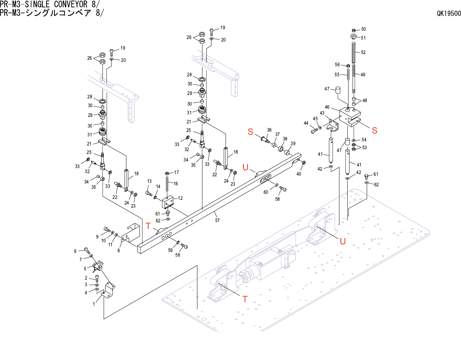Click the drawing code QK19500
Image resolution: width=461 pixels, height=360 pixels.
coord(449,14)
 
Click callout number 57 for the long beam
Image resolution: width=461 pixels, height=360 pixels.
coord(217,221)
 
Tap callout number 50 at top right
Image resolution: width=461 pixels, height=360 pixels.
coord(364,29)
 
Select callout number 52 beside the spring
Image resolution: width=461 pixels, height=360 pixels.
coord(363,52)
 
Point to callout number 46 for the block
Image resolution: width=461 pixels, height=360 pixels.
coord(327,107)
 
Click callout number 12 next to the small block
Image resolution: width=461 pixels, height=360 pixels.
coord(180,198)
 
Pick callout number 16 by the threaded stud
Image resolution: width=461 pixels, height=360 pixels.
coord(176,183)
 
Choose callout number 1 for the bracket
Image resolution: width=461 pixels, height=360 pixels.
coord(94,304)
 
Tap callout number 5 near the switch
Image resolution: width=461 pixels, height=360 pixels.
coord(85,269)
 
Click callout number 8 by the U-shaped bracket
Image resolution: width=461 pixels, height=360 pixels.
coord(118,250)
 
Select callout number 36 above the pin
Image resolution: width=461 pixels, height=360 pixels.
coord(269,130)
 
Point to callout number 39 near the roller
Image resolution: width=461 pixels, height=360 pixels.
coord(293,144)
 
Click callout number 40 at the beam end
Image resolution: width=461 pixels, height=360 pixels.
coord(299,174)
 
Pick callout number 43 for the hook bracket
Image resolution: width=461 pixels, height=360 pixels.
coord(322,113)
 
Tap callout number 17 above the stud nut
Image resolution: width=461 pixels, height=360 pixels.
coord(177,172)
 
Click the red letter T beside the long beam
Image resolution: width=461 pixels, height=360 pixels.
coord(148,226)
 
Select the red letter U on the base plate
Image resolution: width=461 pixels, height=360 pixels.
coord(343,241)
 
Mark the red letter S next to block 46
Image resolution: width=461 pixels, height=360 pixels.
coord(374,130)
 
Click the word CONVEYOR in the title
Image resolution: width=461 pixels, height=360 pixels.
coord(71,4)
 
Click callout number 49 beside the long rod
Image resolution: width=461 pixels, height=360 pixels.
coord(363,75)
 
